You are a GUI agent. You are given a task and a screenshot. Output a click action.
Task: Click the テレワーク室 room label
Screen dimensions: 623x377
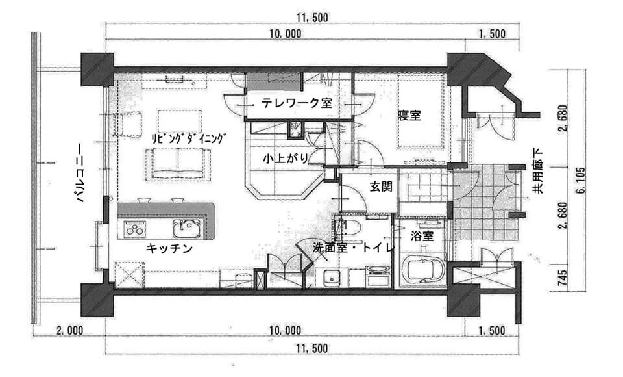(297, 103)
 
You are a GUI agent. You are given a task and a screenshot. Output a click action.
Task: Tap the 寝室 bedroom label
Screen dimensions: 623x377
(409, 116)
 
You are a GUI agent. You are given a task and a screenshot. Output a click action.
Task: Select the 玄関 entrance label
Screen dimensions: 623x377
(381, 187)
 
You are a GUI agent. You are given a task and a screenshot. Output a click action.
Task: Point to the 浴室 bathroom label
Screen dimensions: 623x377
(422, 236)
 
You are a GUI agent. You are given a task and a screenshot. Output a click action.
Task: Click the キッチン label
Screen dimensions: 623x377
(169, 249)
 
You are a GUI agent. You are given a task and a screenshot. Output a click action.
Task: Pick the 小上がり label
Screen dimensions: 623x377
(286, 159)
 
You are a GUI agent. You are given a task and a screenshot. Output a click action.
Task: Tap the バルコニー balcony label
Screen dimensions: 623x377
(80, 173)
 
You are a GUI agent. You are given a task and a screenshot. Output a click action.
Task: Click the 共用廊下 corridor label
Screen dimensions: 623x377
(538, 171)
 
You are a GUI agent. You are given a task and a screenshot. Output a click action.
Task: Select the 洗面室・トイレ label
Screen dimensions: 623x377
(353, 248)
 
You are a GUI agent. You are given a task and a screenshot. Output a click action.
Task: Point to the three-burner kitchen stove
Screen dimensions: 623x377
(135, 229)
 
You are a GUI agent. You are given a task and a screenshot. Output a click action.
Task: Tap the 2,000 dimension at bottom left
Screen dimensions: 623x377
(70, 330)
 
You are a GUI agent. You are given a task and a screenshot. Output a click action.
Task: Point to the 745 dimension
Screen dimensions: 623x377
(562, 278)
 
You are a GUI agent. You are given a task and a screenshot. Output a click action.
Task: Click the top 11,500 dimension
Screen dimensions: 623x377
(312, 18)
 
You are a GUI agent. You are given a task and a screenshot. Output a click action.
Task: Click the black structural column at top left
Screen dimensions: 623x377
(97, 70)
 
